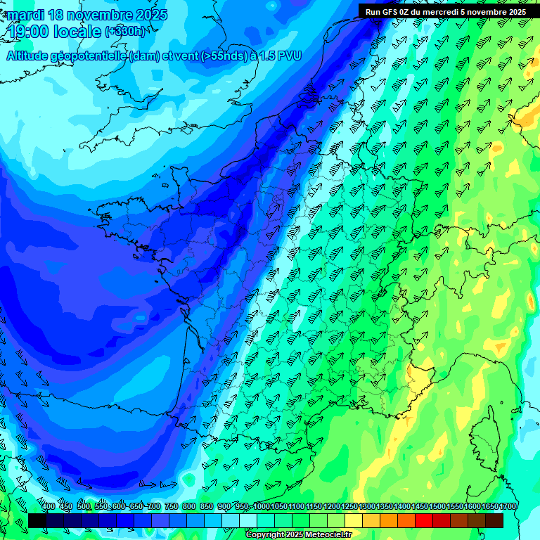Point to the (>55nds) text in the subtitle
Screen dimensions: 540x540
(x=224, y=56)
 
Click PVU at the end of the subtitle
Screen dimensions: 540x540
(x=288, y=56)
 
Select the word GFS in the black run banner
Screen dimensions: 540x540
(x=389, y=12)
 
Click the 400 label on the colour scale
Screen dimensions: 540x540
(x=49, y=507)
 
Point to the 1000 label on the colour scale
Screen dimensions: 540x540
(x=262, y=507)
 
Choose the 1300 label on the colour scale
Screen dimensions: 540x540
(x=367, y=507)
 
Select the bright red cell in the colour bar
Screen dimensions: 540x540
(x=424, y=520)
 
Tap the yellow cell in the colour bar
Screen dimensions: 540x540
(x=354, y=520)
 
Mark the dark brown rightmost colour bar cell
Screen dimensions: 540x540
(x=494, y=520)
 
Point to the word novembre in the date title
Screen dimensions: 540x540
(x=98, y=15)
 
